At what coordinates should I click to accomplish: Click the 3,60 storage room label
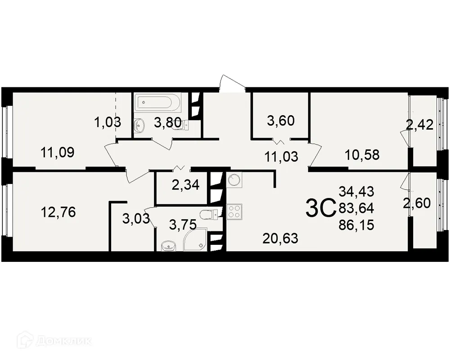coord(280,121)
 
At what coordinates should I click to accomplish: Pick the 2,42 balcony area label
coord(419,125)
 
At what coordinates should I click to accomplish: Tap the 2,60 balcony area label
coord(417,203)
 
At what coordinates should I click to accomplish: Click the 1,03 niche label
coord(108,121)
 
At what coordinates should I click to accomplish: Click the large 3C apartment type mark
coord(320,207)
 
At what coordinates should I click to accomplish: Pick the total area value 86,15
coord(357,225)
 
